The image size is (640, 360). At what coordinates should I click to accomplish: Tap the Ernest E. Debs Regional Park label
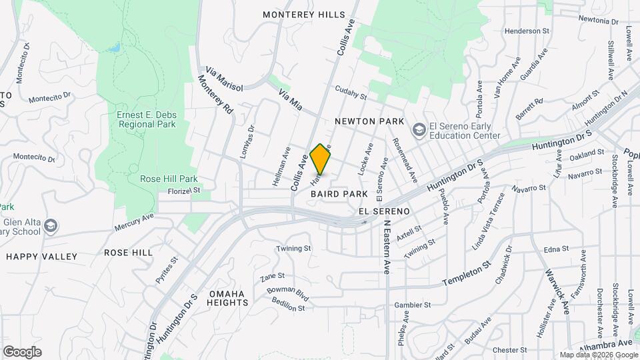pos(147,119)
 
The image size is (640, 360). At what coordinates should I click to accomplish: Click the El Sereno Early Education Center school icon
pos(419,128)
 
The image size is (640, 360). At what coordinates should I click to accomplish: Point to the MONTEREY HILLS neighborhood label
pos(304,15)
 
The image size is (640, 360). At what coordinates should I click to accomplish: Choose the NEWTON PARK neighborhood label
pos(370,121)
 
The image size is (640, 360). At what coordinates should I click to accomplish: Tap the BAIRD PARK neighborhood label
pos(339,193)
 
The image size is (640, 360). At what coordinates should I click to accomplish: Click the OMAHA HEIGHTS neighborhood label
pos(227,297)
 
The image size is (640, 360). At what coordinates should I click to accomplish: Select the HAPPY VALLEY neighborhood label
pos(41,256)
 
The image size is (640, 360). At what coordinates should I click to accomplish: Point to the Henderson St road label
pos(526,31)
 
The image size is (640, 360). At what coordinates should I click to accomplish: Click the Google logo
pos(22,352)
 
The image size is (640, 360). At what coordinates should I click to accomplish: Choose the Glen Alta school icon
pos(51,227)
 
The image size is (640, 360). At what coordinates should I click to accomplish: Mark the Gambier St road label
pos(413,305)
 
